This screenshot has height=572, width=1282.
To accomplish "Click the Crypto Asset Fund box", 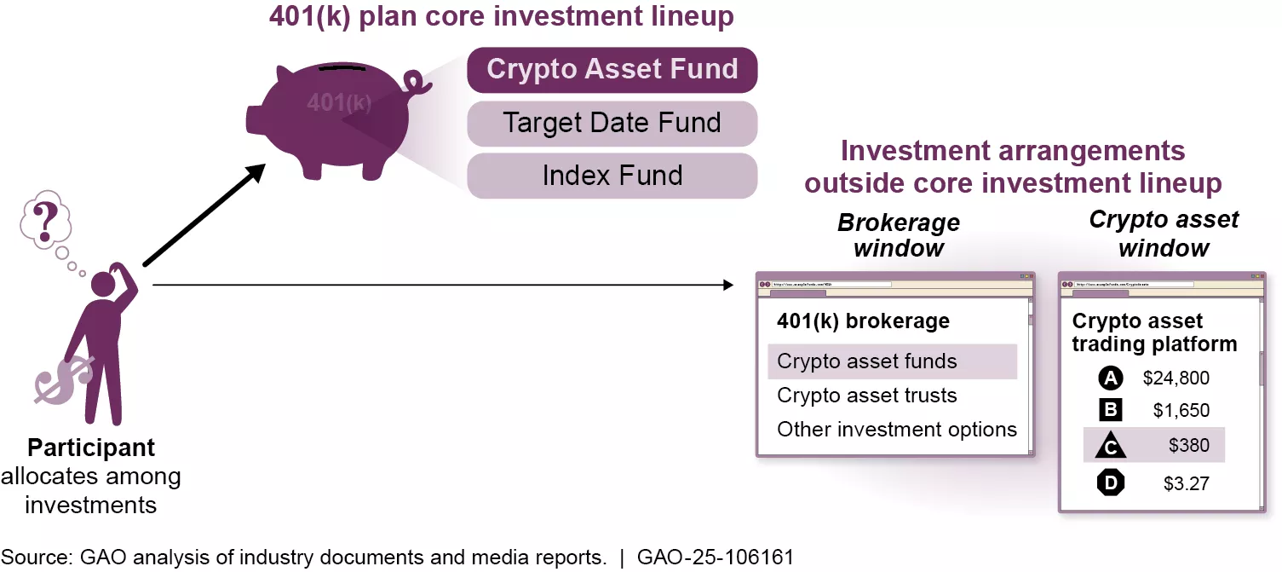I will click(612, 70).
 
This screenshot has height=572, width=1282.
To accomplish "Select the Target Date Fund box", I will click(612, 124).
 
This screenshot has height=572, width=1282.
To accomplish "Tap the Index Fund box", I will click(612, 176).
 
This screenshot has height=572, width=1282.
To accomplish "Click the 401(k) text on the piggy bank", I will click(339, 103).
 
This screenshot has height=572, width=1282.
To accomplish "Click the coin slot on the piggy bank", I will click(337, 66).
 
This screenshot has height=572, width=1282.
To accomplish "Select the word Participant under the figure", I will click(91, 448).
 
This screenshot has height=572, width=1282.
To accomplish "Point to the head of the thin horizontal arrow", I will click(728, 284).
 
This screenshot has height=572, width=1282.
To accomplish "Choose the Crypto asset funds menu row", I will click(867, 361).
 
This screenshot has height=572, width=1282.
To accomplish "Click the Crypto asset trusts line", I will click(867, 396).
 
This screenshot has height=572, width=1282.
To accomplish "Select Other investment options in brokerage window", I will click(897, 430).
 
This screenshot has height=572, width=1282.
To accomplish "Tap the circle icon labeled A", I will click(1111, 378).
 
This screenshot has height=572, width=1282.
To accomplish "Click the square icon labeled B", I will click(1111, 410).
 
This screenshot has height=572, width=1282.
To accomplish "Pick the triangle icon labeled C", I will click(1111, 446).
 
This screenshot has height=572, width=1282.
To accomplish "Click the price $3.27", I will click(1187, 483).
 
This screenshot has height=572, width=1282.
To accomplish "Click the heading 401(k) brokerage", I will click(863, 321).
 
